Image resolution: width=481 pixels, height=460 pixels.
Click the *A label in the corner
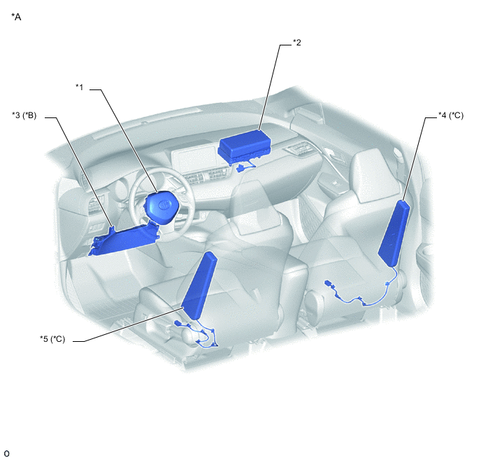[16, 17]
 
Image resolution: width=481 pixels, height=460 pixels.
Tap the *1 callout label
[80, 87]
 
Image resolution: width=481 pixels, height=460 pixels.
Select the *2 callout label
[297, 43]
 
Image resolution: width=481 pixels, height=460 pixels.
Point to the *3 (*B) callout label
[24, 115]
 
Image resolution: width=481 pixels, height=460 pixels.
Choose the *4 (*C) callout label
[451, 115]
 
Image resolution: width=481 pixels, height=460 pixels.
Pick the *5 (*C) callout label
[52, 339]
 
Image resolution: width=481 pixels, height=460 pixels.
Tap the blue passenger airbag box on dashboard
[245, 146]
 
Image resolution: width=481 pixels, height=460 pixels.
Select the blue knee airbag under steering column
[124, 240]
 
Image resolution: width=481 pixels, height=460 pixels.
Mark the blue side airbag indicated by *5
[199, 286]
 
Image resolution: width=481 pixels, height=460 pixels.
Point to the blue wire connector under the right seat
[330, 284]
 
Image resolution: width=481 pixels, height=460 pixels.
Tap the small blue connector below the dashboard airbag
[241, 168]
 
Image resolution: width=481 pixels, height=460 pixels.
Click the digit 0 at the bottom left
[6, 454]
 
